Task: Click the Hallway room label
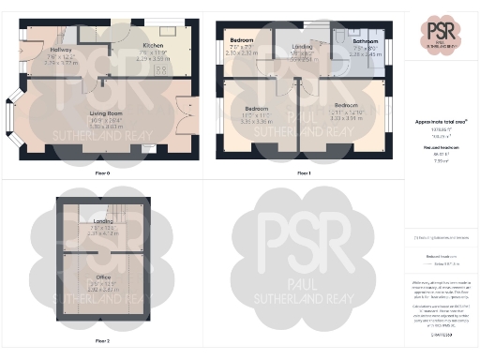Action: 61,50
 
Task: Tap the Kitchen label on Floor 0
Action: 153,45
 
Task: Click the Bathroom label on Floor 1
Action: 366,42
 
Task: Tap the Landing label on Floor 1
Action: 302,46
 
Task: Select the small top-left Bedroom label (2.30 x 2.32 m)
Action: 243,41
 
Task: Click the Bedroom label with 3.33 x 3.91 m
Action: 346,105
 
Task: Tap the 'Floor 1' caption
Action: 303,173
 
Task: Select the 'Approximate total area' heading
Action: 442,122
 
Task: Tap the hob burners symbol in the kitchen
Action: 160,69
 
